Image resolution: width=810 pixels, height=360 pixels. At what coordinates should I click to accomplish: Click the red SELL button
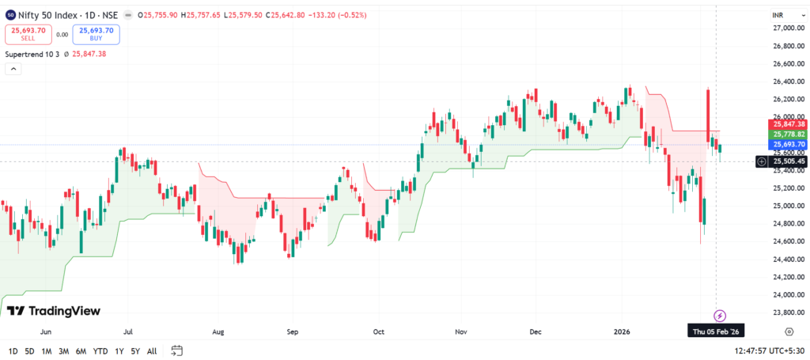pyautogui.click(x=28, y=34)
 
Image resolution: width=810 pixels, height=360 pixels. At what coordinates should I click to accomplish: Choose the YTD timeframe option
pyautogui.click(x=100, y=351)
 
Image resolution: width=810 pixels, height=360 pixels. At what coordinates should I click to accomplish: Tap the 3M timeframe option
pyautogui.click(x=64, y=351)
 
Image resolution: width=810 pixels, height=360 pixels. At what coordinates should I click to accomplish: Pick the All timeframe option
pyautogui.click(x=152, y=351)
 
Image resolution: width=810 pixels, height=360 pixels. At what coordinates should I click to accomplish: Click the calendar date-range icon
pyautogui.click(x=177, y=351)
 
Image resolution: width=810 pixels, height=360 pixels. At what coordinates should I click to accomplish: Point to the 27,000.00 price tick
pyautogui.click(x=788, y=28)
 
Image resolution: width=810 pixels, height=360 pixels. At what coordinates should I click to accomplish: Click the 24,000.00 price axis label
pyautogui.click(x=788, y=294)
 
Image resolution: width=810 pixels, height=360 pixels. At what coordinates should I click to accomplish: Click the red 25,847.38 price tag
pyautogui.click(x=789, y=124)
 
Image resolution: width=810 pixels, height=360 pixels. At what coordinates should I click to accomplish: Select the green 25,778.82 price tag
pyautogui.click(x=789, y=135)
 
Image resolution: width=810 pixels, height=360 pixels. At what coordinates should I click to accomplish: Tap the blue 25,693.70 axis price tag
pyautogui.click(x=789, y=145)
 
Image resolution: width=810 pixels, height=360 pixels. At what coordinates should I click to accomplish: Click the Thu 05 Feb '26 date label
pyautogui.click(x=716, y=331)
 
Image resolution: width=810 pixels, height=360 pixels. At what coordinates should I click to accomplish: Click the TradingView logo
pyautogui.click(x=54, y=311)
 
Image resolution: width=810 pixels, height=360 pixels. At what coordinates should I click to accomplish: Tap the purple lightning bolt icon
pyautogui.click(x=720, y=316)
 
